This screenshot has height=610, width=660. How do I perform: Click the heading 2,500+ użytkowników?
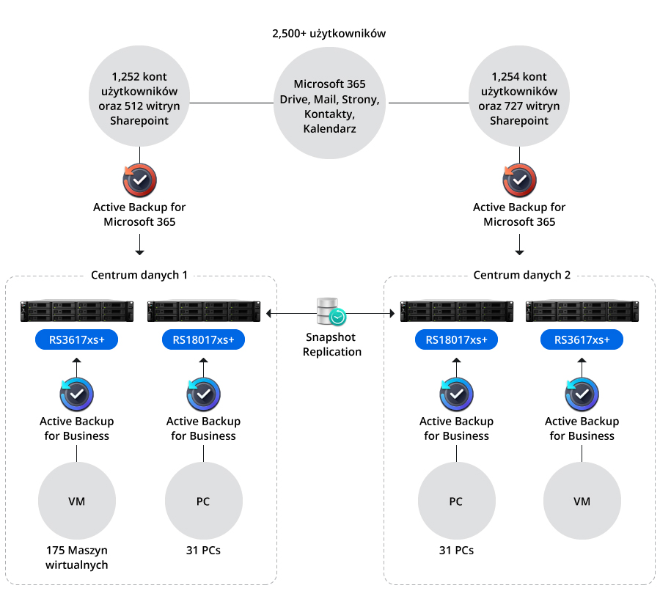click(x=329, y=34)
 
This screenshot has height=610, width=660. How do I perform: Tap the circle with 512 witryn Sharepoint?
click(x=139, y=98)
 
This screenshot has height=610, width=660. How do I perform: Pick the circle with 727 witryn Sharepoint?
click(x=518, y=98)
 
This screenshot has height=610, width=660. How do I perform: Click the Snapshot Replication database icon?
click(x=331, y=312)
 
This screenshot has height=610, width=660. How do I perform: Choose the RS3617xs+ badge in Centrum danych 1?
click(x=76, y=340)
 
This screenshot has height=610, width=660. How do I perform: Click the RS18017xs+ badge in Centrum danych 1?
click(x=204, y=340)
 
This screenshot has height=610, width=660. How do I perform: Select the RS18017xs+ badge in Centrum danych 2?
click(x=456, y=340)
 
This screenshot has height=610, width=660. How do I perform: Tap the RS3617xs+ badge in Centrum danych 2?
click(x=582, y=340)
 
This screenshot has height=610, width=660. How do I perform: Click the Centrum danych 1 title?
click(x=139, y=276)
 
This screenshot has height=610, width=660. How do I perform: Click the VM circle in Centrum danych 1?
click(x=76, y=501)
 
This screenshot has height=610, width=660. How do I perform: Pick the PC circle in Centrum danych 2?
click(x=456, y=501)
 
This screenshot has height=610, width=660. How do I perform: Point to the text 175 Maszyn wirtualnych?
click(x=76, y=557)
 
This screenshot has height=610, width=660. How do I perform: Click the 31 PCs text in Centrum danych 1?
click(x=203, y=550)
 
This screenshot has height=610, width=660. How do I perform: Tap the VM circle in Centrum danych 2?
click(x=582, y=501)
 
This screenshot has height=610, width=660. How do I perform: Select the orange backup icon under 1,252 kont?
click(x=139, y=180)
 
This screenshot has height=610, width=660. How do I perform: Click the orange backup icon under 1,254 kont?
click(x=519, y=180)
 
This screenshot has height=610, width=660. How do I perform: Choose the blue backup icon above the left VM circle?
click(x=76, y=394)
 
